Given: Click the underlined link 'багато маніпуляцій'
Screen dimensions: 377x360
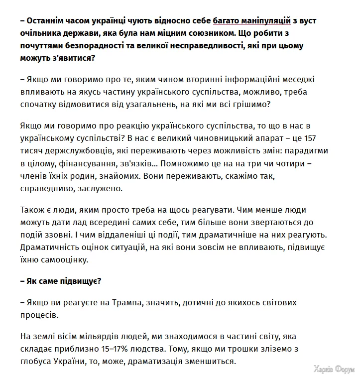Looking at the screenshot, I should tap(251, 21).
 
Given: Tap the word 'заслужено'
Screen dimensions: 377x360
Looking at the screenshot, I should tap(94, 189).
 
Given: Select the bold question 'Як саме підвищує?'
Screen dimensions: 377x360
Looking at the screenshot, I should tap(61, 281).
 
